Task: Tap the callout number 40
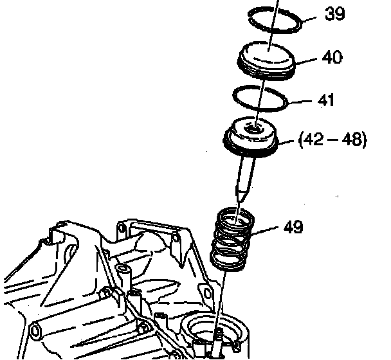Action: click(x=332, y=58)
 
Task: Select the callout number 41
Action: click(x=326, y=101)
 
